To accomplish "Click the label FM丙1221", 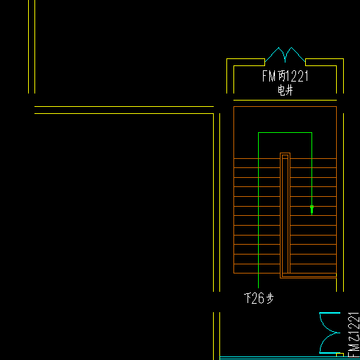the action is pyautogui.click(x=285, y=76).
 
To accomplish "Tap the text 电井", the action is pyautogui.click(x=285, y=90).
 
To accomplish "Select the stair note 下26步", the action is pyautogui.click(x=259, y=298).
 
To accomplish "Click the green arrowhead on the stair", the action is pyautogui.click(x=311, y=210).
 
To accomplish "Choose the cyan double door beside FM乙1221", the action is pyautogui.click(x=328, y=333).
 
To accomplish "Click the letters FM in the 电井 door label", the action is pyautogui.click(x=269, y=76).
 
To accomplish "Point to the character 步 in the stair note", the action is pyautogui.click(x=270, y=298).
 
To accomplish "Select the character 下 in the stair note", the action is pyautogui.click(x=247, y=298).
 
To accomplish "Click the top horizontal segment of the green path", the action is pyautogui.click(x=285, y=133).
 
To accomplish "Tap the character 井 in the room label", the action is pyautogui.click(x=290, y=90).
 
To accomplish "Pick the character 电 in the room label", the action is pyautogui.click(x=281, y=90).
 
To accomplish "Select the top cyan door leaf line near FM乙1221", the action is pyautogui.click(x=330, y=313).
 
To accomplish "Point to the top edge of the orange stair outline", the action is pyautogui.click(x=285, y=107).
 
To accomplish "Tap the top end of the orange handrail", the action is pyautogui.click(x=285, y=153).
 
